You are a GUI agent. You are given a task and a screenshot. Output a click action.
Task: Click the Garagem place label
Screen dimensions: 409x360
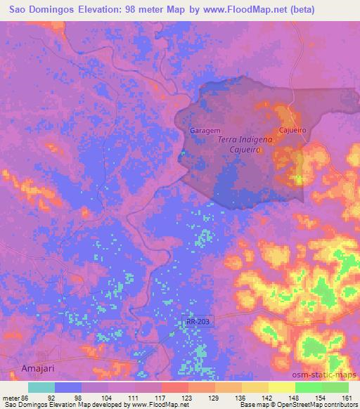[x=205, y=131]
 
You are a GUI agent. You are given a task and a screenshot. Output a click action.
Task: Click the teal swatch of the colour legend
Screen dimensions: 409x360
[x=41, y=387]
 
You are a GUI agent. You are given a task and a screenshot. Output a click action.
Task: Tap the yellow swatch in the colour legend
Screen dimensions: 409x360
[x=281, y=387]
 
